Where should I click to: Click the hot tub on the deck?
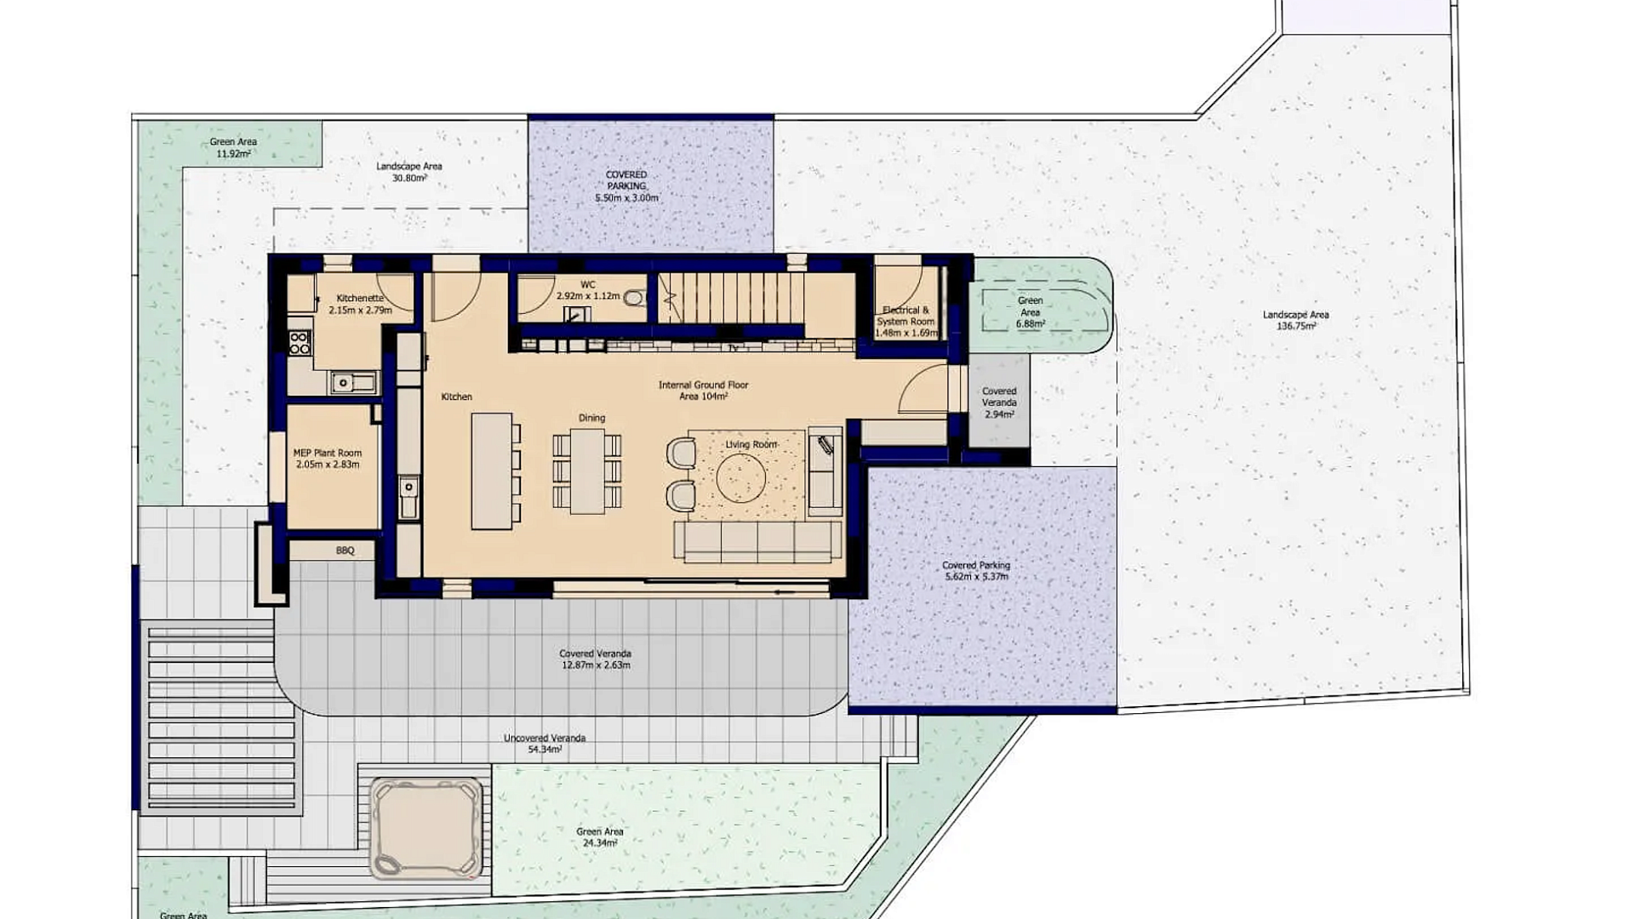coord(426,830)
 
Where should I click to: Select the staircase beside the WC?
coord(731,298)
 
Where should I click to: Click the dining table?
coord(587,471)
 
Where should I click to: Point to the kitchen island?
coord(492,471)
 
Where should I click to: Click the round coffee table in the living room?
coord(741,477)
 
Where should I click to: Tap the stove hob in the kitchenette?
coord(300,342)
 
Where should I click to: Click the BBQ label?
coord(345,551)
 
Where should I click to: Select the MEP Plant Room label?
coord(328,459)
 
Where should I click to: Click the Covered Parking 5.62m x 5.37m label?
coord(976,571)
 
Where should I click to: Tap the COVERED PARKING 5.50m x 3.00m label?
coord(626,186)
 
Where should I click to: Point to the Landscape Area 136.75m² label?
coord(1296,320)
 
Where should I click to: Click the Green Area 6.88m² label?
coord(1030,312)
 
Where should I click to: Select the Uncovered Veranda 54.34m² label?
coord(545,744)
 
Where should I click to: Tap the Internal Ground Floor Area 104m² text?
coord(704,391)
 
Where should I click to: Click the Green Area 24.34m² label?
coord(600,837)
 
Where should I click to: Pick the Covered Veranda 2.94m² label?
coord(999,402)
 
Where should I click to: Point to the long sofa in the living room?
coord(758,541)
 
